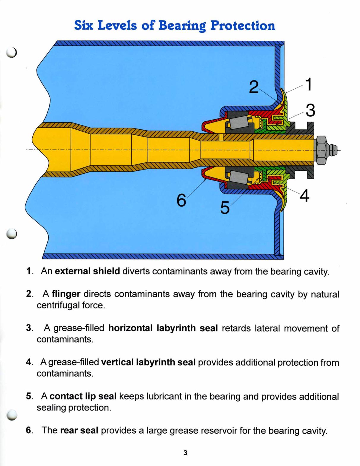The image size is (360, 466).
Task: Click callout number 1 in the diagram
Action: click(309, 84)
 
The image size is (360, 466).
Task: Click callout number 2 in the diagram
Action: click(253, 87)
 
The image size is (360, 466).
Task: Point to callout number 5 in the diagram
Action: click(225, 208)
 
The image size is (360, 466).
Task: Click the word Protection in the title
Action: click(243, 26)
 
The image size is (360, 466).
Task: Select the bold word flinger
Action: click(66, 294)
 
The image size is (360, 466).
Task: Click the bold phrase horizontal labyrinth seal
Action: click(163, 328)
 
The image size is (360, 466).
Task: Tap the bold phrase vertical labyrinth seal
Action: click(148, 362)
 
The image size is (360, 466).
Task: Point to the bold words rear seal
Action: click(79, 430)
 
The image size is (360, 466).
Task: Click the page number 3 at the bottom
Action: click(185, 453)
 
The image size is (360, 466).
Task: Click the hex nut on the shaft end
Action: click(322, 150)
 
